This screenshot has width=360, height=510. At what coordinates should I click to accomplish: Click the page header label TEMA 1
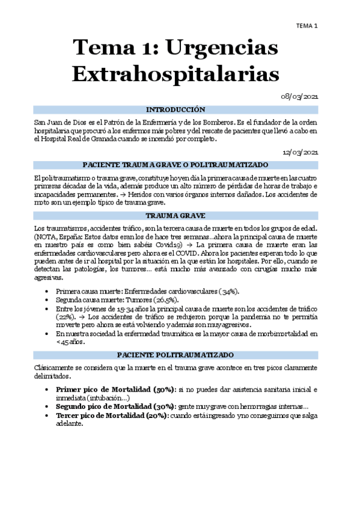(308, 25)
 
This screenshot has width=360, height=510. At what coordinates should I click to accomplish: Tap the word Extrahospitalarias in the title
(175, 74)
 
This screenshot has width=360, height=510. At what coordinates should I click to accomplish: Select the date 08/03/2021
(301, 96)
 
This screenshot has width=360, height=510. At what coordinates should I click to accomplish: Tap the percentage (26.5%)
(170, 300)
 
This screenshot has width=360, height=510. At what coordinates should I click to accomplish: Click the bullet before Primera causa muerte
(47, 292)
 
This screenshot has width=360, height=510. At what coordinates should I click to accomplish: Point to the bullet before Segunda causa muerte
(47, 300)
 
